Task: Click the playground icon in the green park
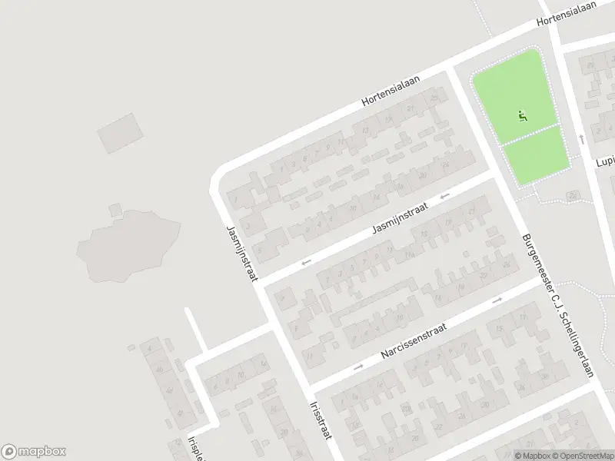[x=523, y=117]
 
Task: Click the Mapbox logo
[x=34, y=452]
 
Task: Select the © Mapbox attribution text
[x=531, y=456]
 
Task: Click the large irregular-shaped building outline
[x=128, y=244]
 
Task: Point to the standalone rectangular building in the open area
[x=121, y=133]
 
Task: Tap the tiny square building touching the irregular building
[x=115, y=208]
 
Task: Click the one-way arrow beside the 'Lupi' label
[x=582, y=139]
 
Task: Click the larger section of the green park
[x=514, y=94]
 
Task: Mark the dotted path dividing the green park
[x=530, y=134]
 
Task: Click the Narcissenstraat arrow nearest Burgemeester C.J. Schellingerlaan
[x=497, y=300]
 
